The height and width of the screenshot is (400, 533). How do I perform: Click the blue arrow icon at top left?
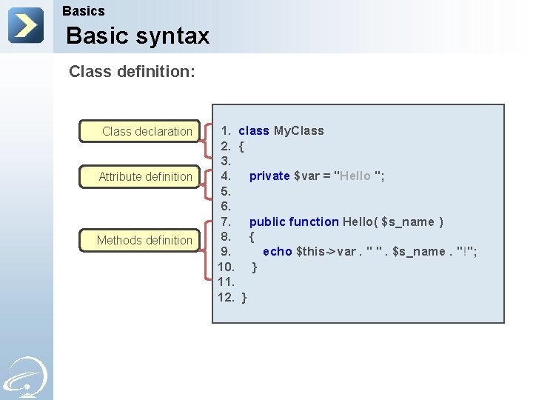pyautogui.click(x=26, y=26)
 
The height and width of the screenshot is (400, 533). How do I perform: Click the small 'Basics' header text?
pyautogui.click(x=84, y=11)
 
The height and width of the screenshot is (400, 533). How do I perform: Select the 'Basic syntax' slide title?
pyautogui.click(x=138, y=36)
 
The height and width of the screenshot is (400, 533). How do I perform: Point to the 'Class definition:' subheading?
pyautogui.click(x=132, y=72)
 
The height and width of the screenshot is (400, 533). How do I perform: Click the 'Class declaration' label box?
pyautogui.click(x=141, y=131)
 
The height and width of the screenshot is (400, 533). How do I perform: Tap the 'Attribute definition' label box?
pyautogui.click(x=141, y=176)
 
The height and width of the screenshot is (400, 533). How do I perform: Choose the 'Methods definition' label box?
pyautogui.click(x=141, y=240)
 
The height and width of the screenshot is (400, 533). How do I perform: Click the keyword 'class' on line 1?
pyautogui.click(x=253, y=131)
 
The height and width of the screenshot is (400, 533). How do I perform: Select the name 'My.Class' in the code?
pyautogui.click(x=299, y=131)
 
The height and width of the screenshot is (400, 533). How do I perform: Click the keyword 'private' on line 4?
pyautogui.click(x=269, y=176)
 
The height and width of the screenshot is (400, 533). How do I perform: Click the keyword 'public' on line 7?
pyautogui.click(x=267, y=221)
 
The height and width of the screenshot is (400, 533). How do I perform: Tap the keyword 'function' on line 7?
pyautogui.click(x=314, y=221)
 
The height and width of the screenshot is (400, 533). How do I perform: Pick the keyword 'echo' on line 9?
pyautogui.click(x=278, y=252)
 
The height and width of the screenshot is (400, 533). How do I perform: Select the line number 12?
pyautogui.click(x=226, y=297)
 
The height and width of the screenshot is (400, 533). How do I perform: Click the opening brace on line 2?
pyautogui.click(x=242, y=146)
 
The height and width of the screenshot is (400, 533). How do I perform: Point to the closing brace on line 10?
pyautogui.click(x=255, y=267)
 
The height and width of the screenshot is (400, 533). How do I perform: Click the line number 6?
pyautogui.click(x=226, y=207)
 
